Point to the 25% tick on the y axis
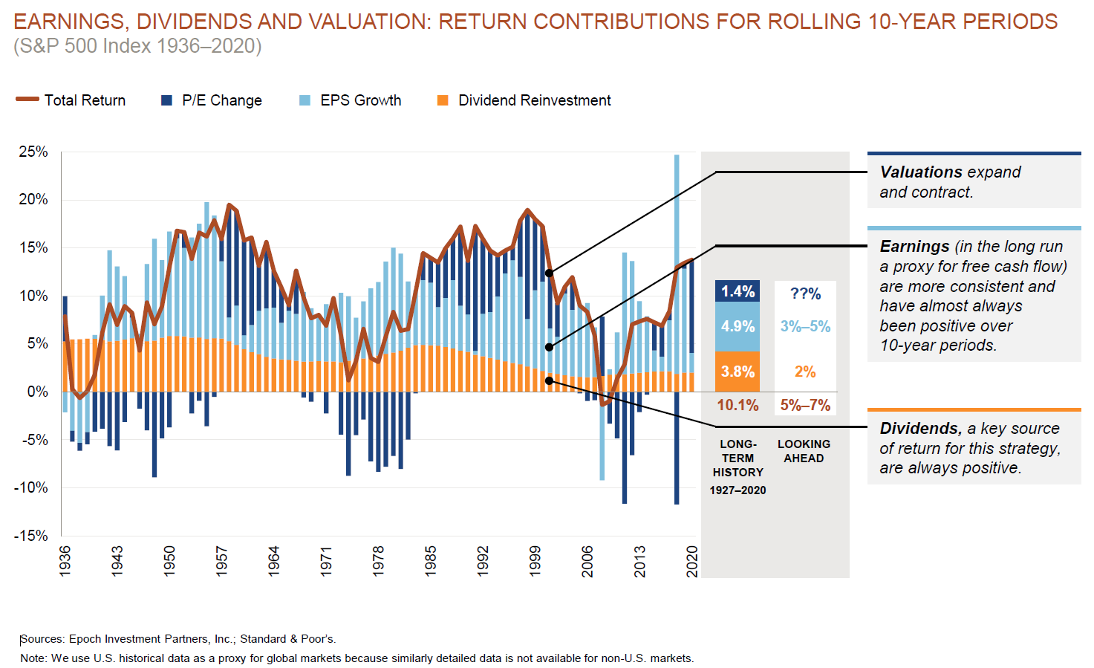coord(33,152)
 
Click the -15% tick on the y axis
coord(31,536)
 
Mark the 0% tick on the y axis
coord(37,392)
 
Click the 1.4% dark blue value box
coord(738,291)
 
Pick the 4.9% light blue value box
coord(738,326)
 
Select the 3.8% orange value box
coord(738,372)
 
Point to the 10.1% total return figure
coord(738,405)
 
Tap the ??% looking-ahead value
coord(805,294)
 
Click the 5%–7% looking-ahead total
coord(805,405)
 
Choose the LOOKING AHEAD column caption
coord(804,451)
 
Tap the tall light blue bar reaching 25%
coord(677,223)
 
